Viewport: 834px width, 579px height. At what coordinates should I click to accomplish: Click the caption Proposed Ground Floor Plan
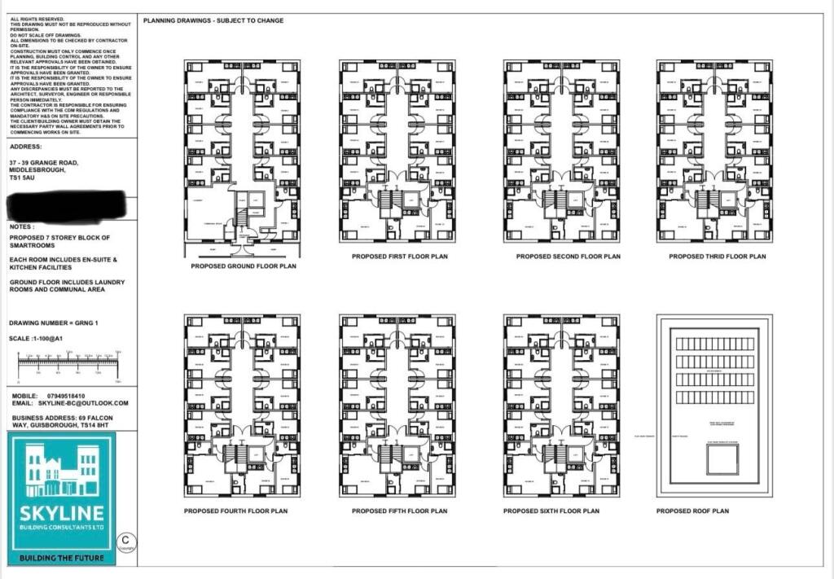(244, 266)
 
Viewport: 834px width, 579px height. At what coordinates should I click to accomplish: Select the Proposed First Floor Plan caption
(399, 257)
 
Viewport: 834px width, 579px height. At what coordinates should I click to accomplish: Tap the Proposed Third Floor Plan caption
(718, 257)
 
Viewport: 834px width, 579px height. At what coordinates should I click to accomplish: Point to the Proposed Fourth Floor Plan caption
(235, 511)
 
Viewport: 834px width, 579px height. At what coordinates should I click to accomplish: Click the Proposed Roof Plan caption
(692, 511)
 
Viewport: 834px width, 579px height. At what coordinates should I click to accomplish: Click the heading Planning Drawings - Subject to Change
(213, 20)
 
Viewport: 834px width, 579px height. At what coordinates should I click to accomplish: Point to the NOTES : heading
(23, 227)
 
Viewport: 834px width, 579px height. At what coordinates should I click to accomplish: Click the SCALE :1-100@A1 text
(37, 338)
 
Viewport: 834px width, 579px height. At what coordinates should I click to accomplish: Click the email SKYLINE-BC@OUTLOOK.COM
(82, 403)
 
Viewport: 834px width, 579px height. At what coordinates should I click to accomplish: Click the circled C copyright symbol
(125, 541)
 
